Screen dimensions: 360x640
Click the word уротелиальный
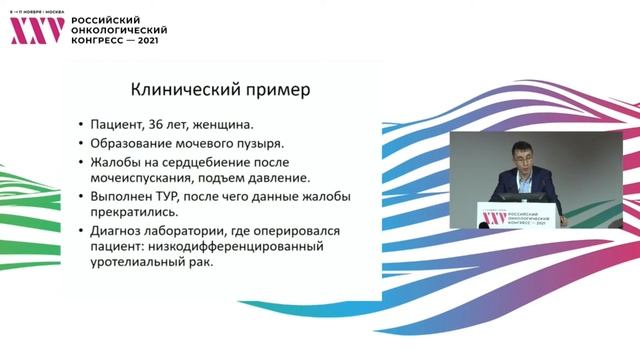point(140,263)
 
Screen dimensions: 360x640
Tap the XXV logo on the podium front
point(493,217)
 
